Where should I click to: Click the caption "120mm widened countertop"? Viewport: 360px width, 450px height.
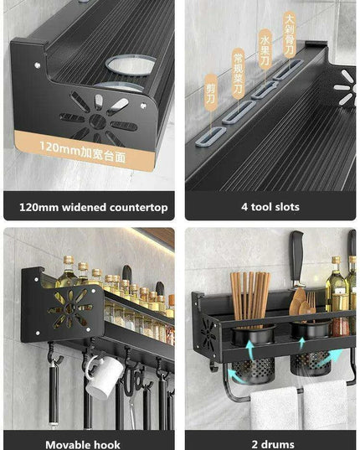[x=93, y=207]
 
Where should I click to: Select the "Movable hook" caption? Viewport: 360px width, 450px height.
[x=83, y=443]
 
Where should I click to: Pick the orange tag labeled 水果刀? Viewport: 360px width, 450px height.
[x=264, y=50]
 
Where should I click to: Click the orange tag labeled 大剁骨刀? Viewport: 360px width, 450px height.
[x=290, y=32]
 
